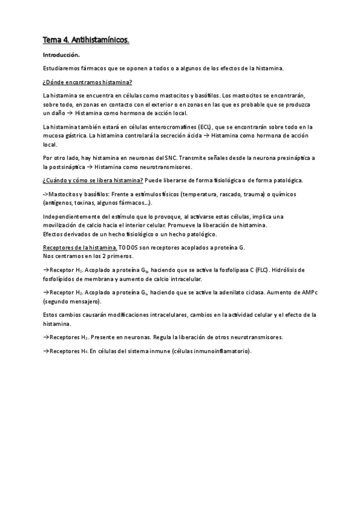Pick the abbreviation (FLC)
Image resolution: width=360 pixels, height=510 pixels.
point(263,269)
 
